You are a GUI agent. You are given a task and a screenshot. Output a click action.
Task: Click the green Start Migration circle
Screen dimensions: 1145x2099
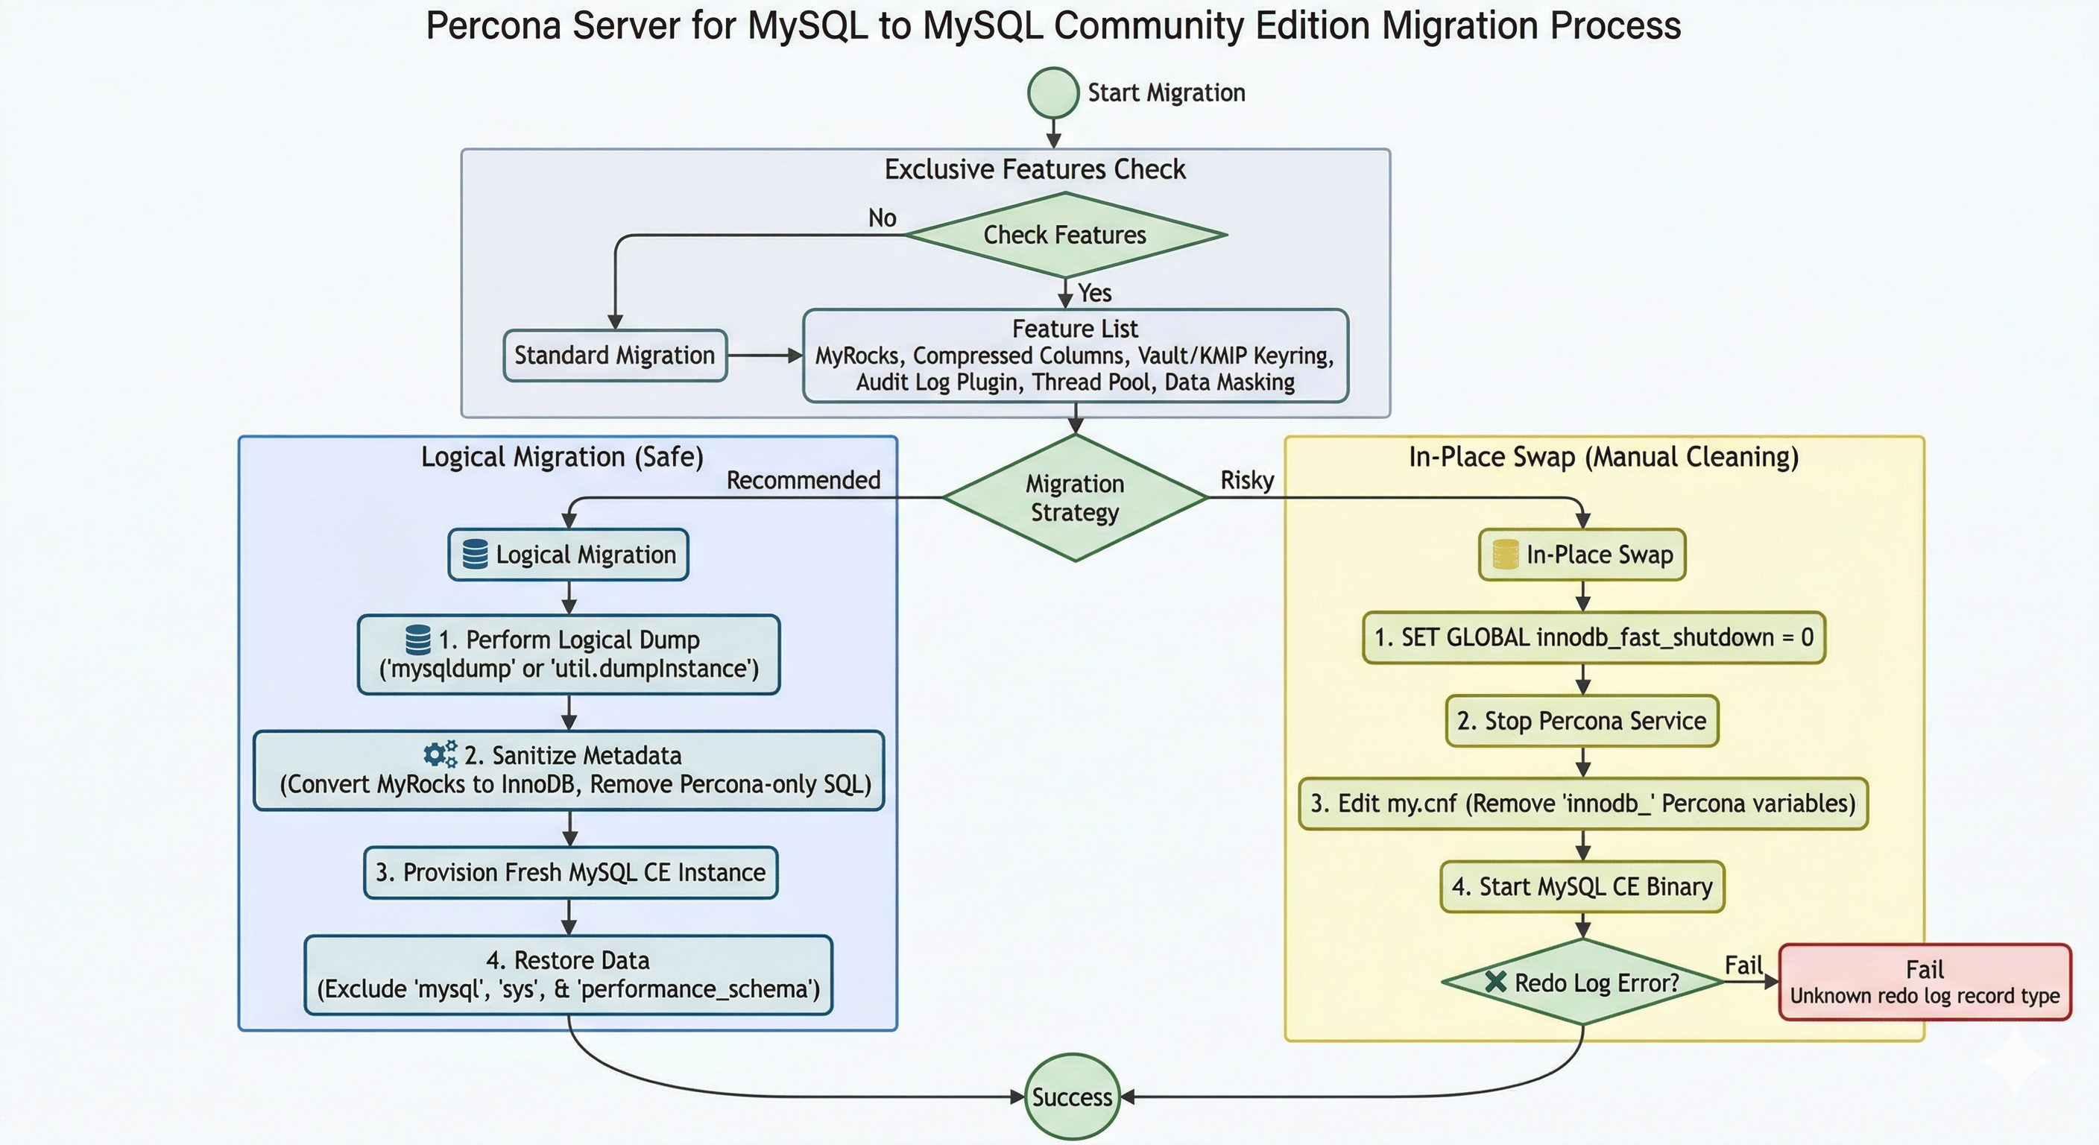[1052, 93]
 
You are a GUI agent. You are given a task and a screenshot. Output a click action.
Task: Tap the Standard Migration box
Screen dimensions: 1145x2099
[614, 356]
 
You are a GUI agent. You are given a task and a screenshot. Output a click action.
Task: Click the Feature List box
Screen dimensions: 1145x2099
[1075, 356]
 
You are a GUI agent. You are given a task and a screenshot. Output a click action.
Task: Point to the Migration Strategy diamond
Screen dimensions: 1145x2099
[1075, 498]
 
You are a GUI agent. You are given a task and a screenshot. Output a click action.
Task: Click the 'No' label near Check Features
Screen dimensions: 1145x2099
[882, 218]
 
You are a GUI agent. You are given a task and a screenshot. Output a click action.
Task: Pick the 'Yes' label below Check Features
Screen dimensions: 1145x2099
[1094, 292]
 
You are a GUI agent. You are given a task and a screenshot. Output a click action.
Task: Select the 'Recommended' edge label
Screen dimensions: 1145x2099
[803, 480]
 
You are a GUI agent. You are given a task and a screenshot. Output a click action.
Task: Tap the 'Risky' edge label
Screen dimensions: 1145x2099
[1247, 480]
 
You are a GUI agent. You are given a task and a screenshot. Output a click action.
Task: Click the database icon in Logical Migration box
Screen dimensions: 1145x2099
[475, 554]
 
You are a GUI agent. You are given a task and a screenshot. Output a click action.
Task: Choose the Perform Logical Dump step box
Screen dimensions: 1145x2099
[569, 654]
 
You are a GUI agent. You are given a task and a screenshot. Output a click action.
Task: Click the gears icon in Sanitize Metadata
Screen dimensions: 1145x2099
[440, 754]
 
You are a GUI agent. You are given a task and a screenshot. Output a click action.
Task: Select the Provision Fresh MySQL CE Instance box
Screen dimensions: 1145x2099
[570, 873]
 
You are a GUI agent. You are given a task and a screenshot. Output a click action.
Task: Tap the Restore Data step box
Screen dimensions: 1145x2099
[568, 975]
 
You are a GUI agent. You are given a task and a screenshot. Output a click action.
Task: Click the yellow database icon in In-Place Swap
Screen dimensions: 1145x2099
[1505, 554]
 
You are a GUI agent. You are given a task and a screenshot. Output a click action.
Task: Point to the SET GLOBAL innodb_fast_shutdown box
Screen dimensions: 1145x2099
[1593, 637]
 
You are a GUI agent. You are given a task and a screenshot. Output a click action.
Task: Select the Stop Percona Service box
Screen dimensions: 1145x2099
[1582, 722]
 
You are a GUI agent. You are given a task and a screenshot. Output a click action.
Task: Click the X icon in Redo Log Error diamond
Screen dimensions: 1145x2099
[1495, 982]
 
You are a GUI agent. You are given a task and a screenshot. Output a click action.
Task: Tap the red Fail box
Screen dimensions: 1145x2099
[1925, 982]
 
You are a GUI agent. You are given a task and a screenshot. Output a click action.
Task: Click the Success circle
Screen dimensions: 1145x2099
[1072, 1097]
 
